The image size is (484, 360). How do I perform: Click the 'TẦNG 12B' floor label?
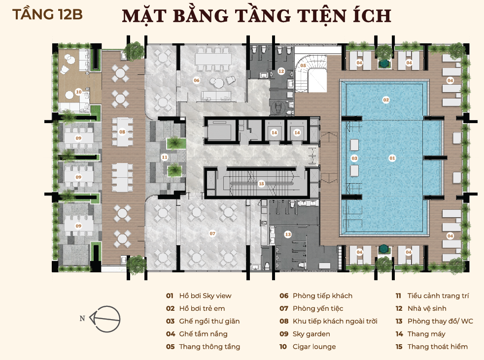[x=47, y=14]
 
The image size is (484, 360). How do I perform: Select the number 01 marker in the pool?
[x=392, y=158]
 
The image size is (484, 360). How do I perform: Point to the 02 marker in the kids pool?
[x=386, y=99]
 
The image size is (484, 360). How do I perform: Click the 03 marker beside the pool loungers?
[x=354, y=158]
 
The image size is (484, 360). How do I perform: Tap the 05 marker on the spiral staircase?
[x=303, y=65]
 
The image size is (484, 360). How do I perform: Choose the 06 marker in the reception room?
[x=197, y=80]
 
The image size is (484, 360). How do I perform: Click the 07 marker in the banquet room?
[x=212, y=233]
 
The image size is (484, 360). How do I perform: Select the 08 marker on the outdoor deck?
[x=122, y=131]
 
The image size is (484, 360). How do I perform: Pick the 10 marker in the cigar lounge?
[x=79, y=92]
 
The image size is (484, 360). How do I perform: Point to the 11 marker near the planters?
[x=165, y=157]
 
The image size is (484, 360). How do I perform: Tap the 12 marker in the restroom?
[x=281, y=71]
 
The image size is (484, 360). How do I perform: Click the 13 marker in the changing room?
[x=288, y=234]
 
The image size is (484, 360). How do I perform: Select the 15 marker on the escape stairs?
[x=261, y=184]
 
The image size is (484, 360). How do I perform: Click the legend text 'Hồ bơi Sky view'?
[x=205, y=295]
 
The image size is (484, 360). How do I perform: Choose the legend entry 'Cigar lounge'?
[x=314, y=347]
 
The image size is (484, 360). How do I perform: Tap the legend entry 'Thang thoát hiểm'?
[x=437, y=347]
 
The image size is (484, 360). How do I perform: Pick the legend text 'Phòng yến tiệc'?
[x=318, y=308]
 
